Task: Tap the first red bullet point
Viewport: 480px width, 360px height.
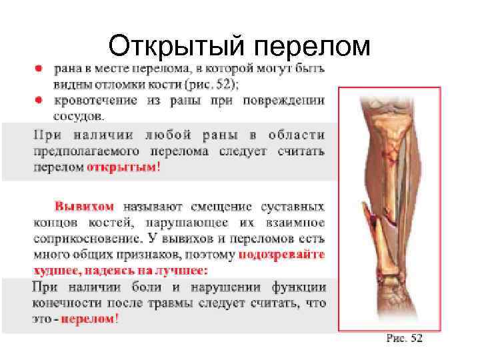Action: [40, 69]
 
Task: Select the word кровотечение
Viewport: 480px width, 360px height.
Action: [95, 100]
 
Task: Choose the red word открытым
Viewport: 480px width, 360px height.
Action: [122, 167]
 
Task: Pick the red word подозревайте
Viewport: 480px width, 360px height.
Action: [281, 254]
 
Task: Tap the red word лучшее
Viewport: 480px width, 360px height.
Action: [181, 270]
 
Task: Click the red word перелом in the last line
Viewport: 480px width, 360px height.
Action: [87, 319]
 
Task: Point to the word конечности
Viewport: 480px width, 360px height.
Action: [63, 303]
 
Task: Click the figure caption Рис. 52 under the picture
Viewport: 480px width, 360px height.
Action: [404, 339]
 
